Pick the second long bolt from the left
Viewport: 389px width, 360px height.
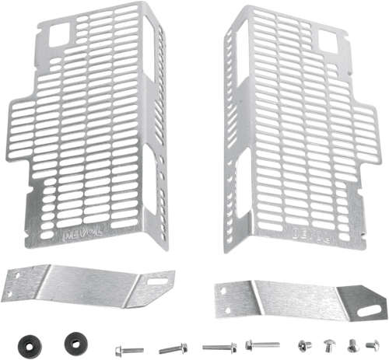click(169, 348)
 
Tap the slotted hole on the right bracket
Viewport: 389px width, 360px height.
click(365, 310)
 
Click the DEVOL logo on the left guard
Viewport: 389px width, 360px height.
click(73, 231)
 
